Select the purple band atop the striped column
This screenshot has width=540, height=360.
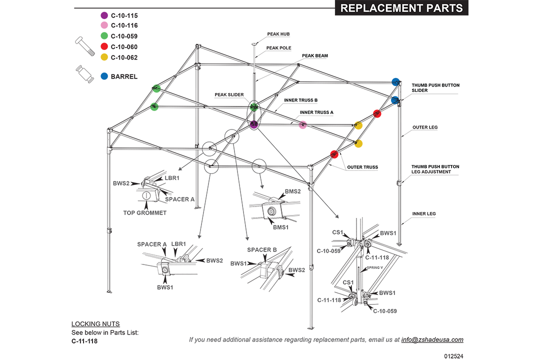pos(102,15)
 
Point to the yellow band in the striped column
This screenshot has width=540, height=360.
pos(102,59)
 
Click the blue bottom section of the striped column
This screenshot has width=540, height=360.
pos(103,86)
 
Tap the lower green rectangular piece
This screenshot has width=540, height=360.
pos(154,116)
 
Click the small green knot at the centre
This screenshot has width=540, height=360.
pos(254,106)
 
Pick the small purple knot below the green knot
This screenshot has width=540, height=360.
pos(254,123)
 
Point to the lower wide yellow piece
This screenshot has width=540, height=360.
pos(366,146)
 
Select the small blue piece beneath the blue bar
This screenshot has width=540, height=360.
pos(395,99)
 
